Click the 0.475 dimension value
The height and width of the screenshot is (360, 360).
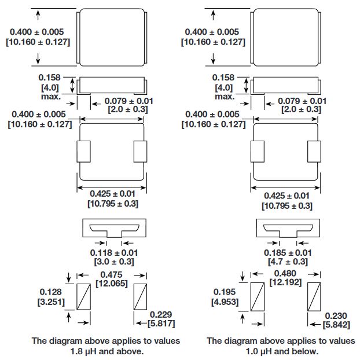point(113,274)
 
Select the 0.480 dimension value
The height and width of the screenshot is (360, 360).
point(287,274)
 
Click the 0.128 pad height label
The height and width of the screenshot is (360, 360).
point(51,293)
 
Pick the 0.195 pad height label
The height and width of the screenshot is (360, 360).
point(225,293)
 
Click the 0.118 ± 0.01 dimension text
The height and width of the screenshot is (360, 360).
point(114,253)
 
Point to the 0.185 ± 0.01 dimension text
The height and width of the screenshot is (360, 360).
point(288,253)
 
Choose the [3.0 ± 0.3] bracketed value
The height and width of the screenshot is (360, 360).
point(114,262)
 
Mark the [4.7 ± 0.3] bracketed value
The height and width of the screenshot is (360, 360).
point(288,262)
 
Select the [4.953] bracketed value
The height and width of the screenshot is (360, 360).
point(225,302)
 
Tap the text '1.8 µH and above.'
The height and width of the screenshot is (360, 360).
point(107,351)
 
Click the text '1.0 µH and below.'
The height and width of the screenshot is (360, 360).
point(281,351)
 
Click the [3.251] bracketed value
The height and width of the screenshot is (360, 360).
point(51,302)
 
